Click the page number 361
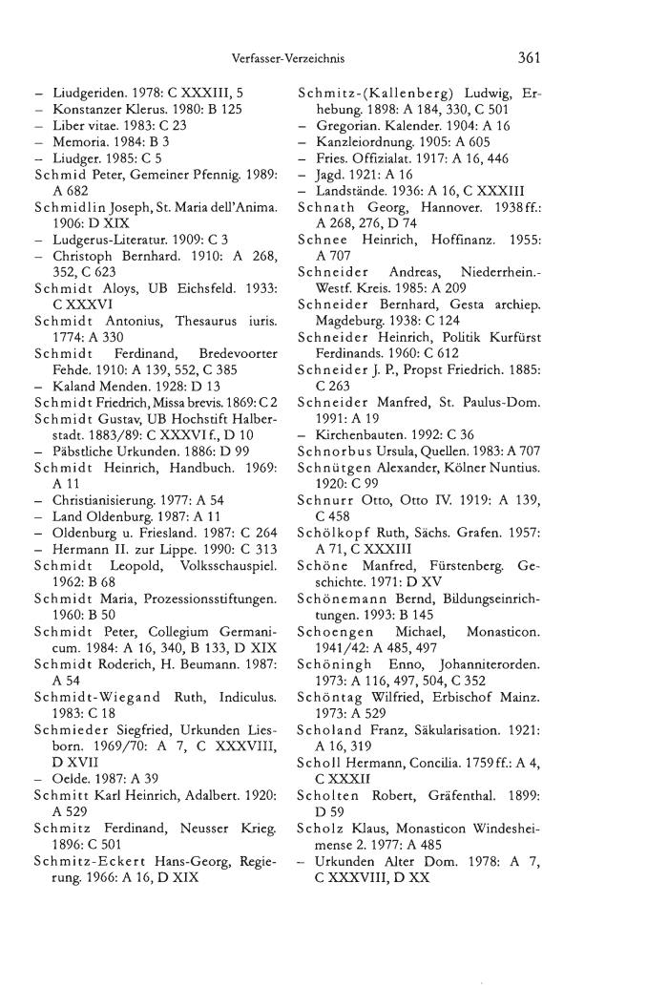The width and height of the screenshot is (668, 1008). pos(525,56)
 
